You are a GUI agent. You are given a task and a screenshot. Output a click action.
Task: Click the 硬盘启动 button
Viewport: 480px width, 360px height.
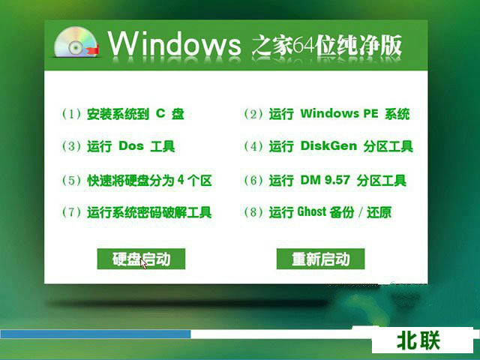[x=141, y=259]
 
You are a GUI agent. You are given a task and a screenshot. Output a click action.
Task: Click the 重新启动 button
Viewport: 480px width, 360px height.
[x=320, y=259]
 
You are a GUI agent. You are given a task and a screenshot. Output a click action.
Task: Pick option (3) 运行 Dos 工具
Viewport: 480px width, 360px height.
[x=118, y=147]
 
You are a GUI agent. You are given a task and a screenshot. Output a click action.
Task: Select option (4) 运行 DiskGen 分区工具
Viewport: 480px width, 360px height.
[x=328, y=147]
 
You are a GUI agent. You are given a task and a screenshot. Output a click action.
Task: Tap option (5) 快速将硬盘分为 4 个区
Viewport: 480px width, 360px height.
[x=136, y=181]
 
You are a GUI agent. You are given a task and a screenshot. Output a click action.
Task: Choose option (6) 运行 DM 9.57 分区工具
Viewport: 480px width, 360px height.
[x=325, y=181]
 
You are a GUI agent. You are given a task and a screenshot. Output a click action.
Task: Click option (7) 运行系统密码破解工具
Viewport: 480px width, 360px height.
[x=136, y=213]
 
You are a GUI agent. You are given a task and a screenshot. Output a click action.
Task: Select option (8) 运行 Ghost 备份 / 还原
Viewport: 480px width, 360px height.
[x=317, y=213]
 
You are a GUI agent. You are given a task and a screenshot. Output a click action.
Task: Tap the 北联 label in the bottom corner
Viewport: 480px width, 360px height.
[x=418, y=341]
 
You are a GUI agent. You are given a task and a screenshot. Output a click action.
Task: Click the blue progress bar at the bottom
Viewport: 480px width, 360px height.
[x=95, y=334]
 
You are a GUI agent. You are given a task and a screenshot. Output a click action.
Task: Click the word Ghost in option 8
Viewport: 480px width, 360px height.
[x=311, y=213]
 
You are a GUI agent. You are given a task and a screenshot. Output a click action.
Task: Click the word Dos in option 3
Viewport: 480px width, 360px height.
[x=130, y=147]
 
